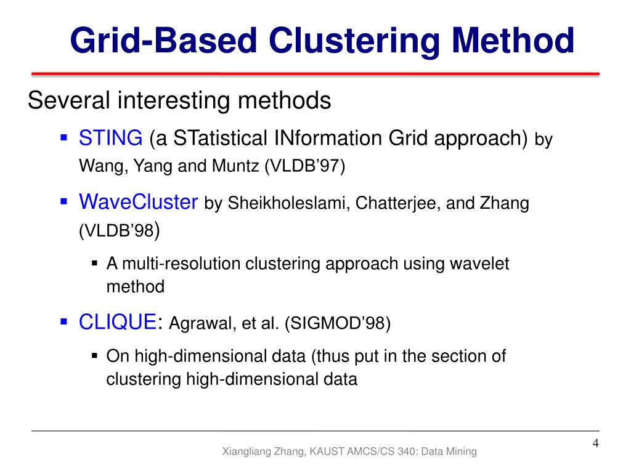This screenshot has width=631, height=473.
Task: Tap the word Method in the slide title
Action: click(x=513, y=41)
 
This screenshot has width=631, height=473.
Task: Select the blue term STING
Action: click(x=110, y=138)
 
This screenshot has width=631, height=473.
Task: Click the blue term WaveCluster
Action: click(x=139, y=202)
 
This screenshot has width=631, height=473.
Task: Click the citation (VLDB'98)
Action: click(x=120, y=232)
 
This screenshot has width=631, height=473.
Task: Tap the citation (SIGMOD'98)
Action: click(x=337, y=323)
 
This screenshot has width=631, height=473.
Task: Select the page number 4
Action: click(x=595, y=443)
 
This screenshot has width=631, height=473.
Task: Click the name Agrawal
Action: click(x=198, y=323)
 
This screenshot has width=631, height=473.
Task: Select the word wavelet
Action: click(x=479, y=264)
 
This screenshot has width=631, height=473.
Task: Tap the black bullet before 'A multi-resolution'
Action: click(x=95, y=263)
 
